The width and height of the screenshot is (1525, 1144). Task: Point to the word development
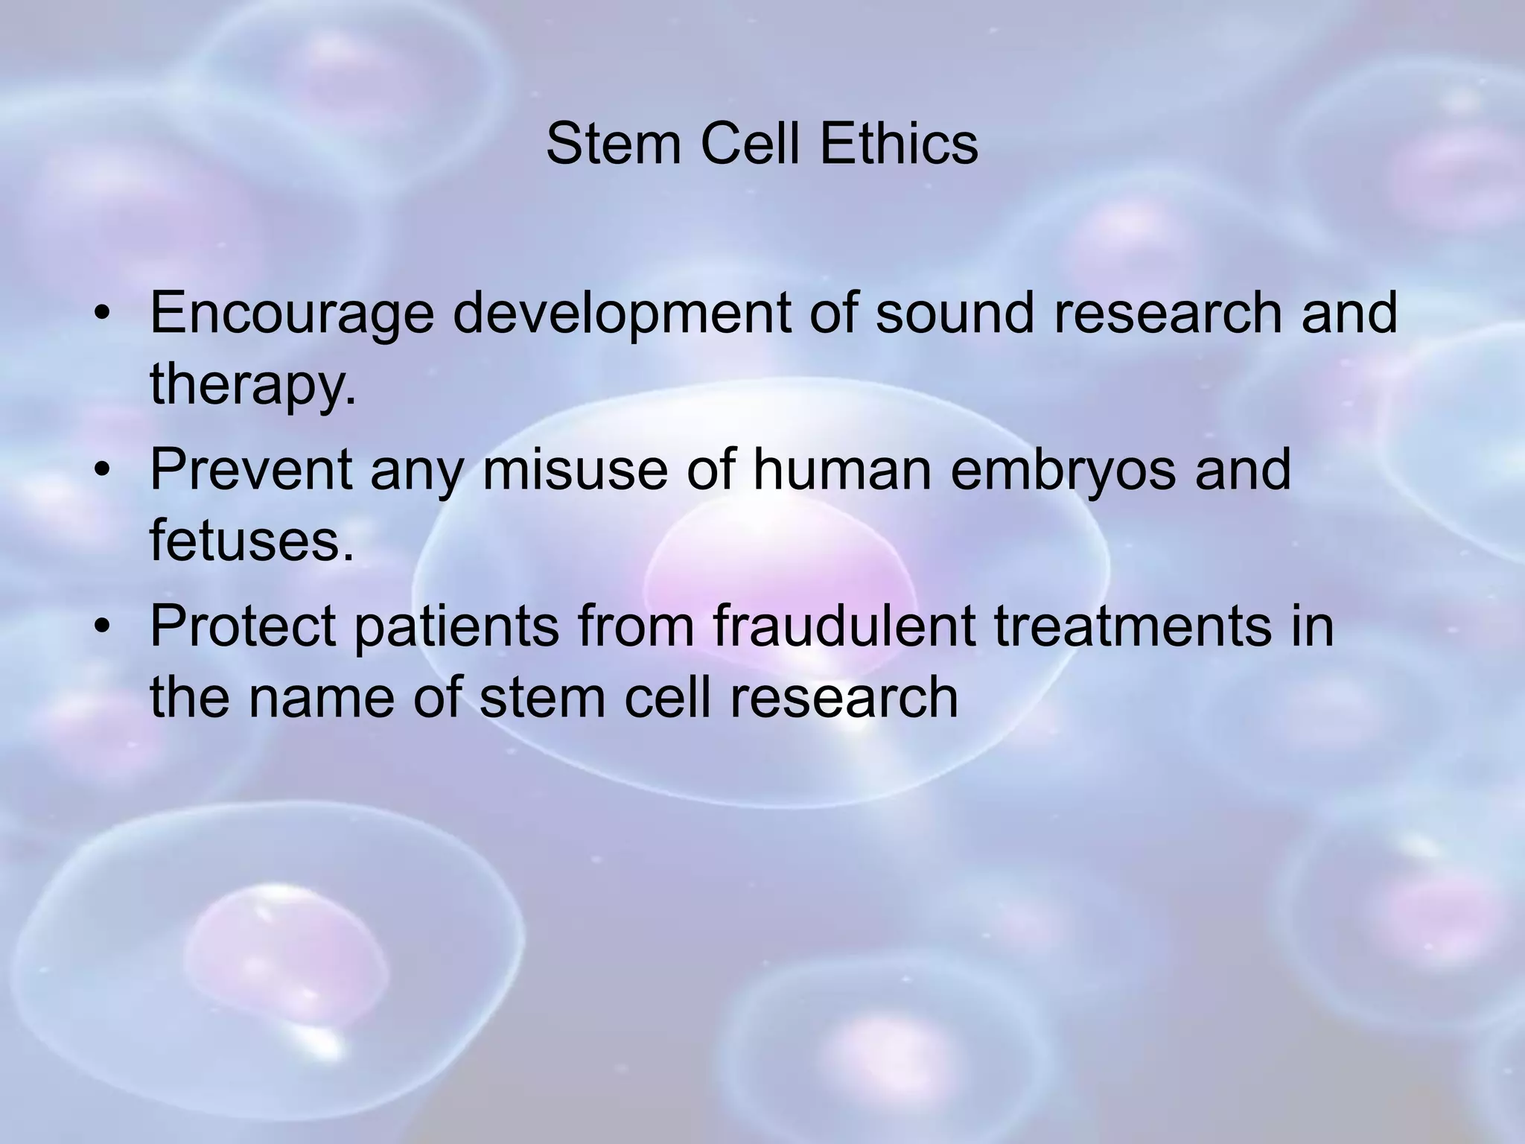tap(622, 314)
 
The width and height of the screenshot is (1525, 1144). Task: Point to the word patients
tap(456, 627)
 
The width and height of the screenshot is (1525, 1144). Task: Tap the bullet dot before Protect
tap(102, 628)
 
